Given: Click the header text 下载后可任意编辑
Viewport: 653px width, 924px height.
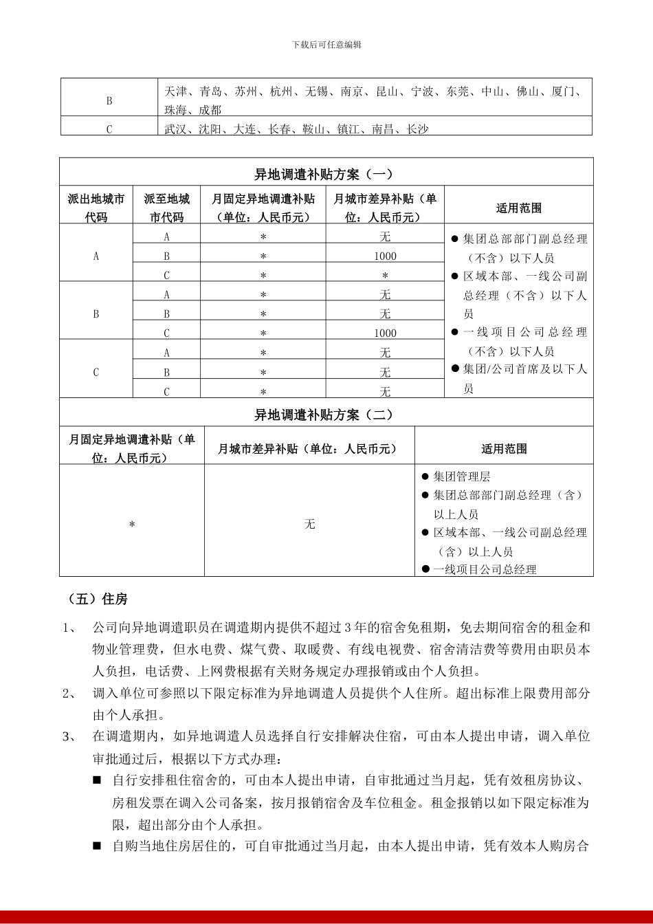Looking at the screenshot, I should (x=326, y=45).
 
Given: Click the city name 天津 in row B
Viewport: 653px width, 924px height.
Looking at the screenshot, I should (x=176, y=91).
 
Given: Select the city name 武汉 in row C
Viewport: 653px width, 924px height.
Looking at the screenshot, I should (x=176, y=129).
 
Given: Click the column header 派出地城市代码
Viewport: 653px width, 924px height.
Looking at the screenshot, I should (x=96, y=208).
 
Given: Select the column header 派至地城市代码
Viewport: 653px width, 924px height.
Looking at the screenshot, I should (x=167, y=208).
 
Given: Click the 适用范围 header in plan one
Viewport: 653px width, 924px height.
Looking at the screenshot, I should (x=519, y=208).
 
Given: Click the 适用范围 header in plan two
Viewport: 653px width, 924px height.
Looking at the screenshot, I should (x=504, y=448).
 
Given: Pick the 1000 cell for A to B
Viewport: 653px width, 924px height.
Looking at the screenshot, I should (x=385, y=256).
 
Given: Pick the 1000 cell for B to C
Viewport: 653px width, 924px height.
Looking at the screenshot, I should (x=385, y=333).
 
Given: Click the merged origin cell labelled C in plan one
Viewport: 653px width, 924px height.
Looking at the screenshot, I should (x=96, y=372).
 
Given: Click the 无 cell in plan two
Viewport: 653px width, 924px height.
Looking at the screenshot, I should (x=310, y=524).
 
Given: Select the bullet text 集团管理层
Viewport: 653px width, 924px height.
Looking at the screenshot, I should (x=461, y=476).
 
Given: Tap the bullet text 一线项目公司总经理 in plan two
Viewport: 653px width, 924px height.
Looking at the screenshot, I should (x=485, y=569).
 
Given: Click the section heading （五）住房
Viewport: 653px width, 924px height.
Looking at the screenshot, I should (x=98, y=599).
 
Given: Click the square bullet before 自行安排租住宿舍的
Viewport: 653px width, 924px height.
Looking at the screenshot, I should (x=97, y=780).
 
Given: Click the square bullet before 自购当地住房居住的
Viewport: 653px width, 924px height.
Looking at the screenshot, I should (x=97, y=846).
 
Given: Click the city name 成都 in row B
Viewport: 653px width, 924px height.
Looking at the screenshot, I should (x=210, y=110).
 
